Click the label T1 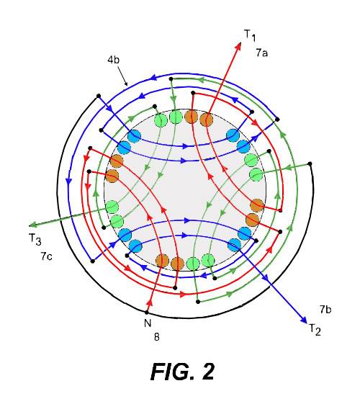(x=250, y=35)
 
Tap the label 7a (x=261, y=53)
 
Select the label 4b (x=113, y=60)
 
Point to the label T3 (x=35, y=239)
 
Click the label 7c (x=46, y=256)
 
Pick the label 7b (x=325, y=309)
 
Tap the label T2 (x=315, y=330)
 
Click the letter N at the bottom (x=148, y=323)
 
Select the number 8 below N (x=157, y=337)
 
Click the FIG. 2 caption (x=182, y=372)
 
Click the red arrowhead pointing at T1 (x=238, y=46)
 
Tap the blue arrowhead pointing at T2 (x=304, y=320)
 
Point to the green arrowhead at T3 (x=33, y=225)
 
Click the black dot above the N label (x=147, y=313)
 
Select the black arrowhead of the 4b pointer (x=126, y=84)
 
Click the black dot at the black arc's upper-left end (x=99, y=96)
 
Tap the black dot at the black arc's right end (x=310, y=163)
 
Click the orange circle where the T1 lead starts (x=207, y=119)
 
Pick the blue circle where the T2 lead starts (x=234, y=245)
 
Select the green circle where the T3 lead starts (x=112, y=207)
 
